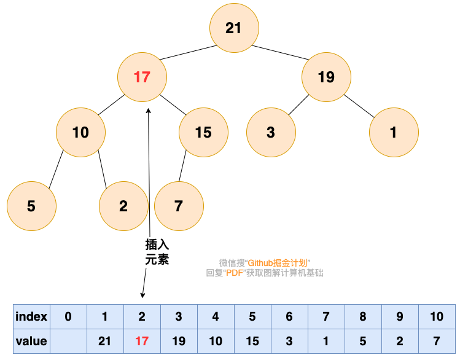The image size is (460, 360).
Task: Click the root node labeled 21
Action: coord(233,28)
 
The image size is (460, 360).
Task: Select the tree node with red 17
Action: coord(142,77)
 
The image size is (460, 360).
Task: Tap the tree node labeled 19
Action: coord(326,77)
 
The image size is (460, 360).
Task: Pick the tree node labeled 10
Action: coord(80,133)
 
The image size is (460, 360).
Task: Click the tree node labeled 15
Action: coord(203,133)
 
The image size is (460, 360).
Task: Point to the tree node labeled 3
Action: coord(271,133)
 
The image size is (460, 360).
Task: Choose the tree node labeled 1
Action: coord(394,133)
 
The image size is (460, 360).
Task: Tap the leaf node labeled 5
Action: coord(31,206)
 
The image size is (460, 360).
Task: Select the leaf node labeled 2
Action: coord(123,206)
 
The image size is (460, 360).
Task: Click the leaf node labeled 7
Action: coord(179,206)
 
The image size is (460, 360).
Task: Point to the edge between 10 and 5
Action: coord(56,170)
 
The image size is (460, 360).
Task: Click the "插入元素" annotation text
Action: coord(157,252)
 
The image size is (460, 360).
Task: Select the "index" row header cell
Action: coord(31,317)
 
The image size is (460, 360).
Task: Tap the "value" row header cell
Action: coord(31,341)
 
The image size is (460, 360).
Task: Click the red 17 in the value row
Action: coord(142,341)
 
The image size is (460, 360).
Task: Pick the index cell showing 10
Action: coord(437,317)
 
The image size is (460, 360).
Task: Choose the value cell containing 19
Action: coord(179,341)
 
